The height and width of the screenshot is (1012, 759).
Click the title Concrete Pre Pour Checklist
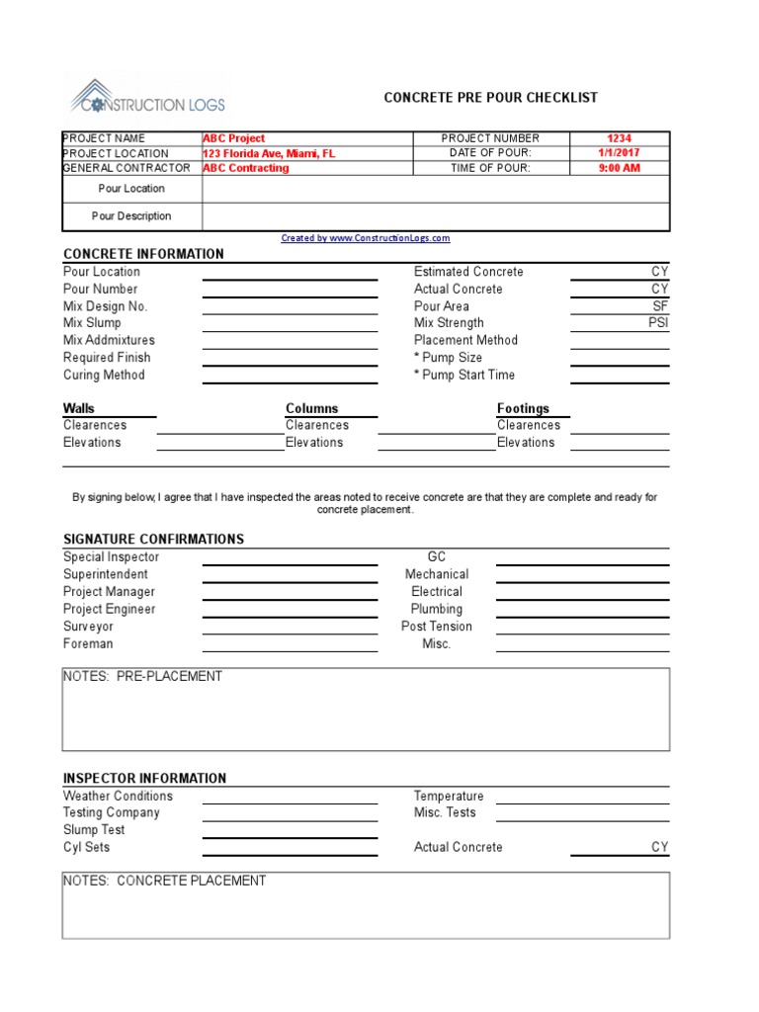tap(490, 98)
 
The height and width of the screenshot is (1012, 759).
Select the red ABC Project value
tap(234, 138)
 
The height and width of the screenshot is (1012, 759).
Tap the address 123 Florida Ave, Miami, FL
tap(269, 153)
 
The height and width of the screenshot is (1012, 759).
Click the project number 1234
tap(620, 138)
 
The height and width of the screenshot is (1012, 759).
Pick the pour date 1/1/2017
tap(620, 153)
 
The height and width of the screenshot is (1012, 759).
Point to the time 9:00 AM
tap(620, 168)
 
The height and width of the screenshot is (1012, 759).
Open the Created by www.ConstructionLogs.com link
tap(366, 238)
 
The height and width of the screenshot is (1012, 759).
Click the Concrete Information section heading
tap(143, 254)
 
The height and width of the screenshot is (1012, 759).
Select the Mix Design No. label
tap(105, 306)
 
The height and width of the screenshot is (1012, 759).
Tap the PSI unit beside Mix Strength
tap(658, 323)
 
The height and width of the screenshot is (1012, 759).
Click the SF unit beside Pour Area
tap(660, 306)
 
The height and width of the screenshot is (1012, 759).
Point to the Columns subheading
tap(311, 408)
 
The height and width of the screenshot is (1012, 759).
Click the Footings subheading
tap(523, 408)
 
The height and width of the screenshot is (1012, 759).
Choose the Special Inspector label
tap(111, 557)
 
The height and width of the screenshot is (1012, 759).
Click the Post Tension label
tap(436, 627)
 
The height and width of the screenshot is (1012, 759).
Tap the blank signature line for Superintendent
tap(290, 581)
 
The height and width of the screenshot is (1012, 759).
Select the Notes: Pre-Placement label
tap(142, 677)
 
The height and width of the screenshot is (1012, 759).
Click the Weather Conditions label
tap(118, 796)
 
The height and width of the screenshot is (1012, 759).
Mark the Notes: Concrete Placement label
tap(164, 881)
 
